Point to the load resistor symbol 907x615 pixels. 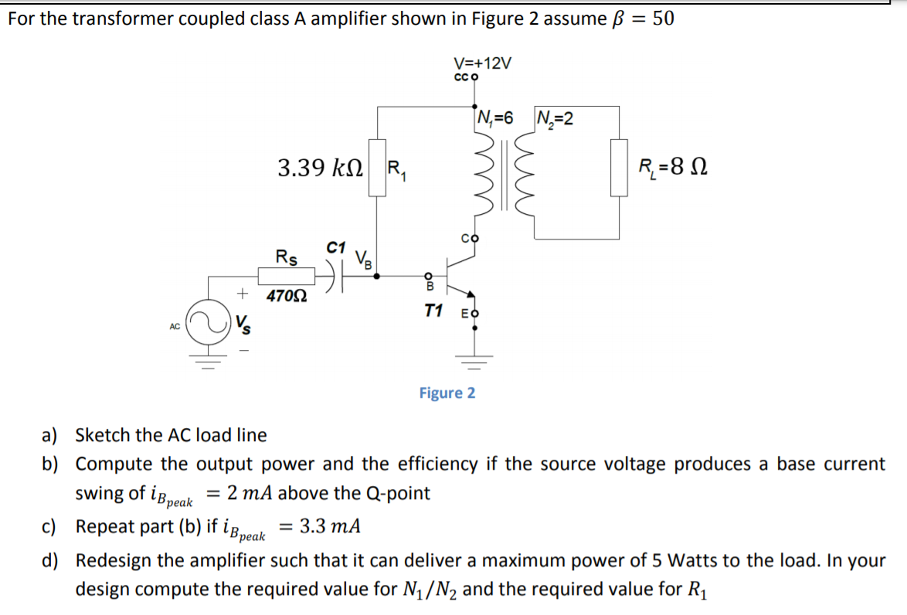click(x=619, y=167)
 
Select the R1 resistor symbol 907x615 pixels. click(x=377, y=168)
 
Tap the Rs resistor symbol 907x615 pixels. click(x=285, y=277)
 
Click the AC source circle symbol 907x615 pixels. click(x=216, y=325)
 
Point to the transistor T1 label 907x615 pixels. click(x=433, y=311)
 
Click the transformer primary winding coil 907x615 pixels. click(x=484, y=178)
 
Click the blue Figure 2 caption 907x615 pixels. click(x=447, y=393)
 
